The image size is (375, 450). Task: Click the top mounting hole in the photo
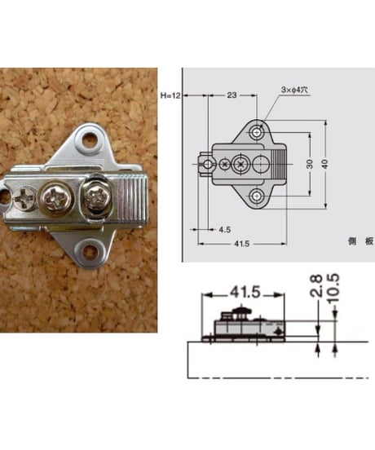tap(90, 140)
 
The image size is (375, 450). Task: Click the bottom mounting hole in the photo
tap(90, 250)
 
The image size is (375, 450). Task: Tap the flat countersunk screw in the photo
tap(24, 198)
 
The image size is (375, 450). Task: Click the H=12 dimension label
tap(170, 95)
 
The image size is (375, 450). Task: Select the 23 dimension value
tap(232, 95)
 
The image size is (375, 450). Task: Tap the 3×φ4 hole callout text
tap(294, 90)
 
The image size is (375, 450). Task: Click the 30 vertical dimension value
tap(310, 164)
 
